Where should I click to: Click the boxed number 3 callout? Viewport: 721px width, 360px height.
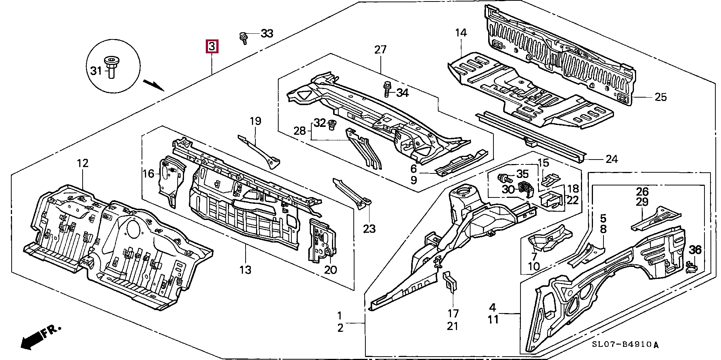[212, 47]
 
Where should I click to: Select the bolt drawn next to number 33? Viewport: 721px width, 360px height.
[243, 38]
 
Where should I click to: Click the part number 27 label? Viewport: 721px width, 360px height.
[380, 50]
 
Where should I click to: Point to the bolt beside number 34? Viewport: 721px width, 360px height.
[387, 90]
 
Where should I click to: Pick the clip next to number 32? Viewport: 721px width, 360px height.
[332, 124]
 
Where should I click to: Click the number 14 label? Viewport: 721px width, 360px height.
[461, 33]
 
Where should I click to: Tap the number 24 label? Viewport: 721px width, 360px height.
[612, 159]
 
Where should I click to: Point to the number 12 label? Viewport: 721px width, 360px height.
[83, 163]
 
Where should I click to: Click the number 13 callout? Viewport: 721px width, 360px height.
[245, 270]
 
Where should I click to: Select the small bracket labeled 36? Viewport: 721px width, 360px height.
[691, 267]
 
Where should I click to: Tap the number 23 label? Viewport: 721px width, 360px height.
[369, 228]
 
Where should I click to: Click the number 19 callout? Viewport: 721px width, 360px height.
[255, 121]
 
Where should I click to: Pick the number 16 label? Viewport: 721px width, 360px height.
[149, 173]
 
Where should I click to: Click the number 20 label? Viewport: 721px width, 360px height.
[330, 270]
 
